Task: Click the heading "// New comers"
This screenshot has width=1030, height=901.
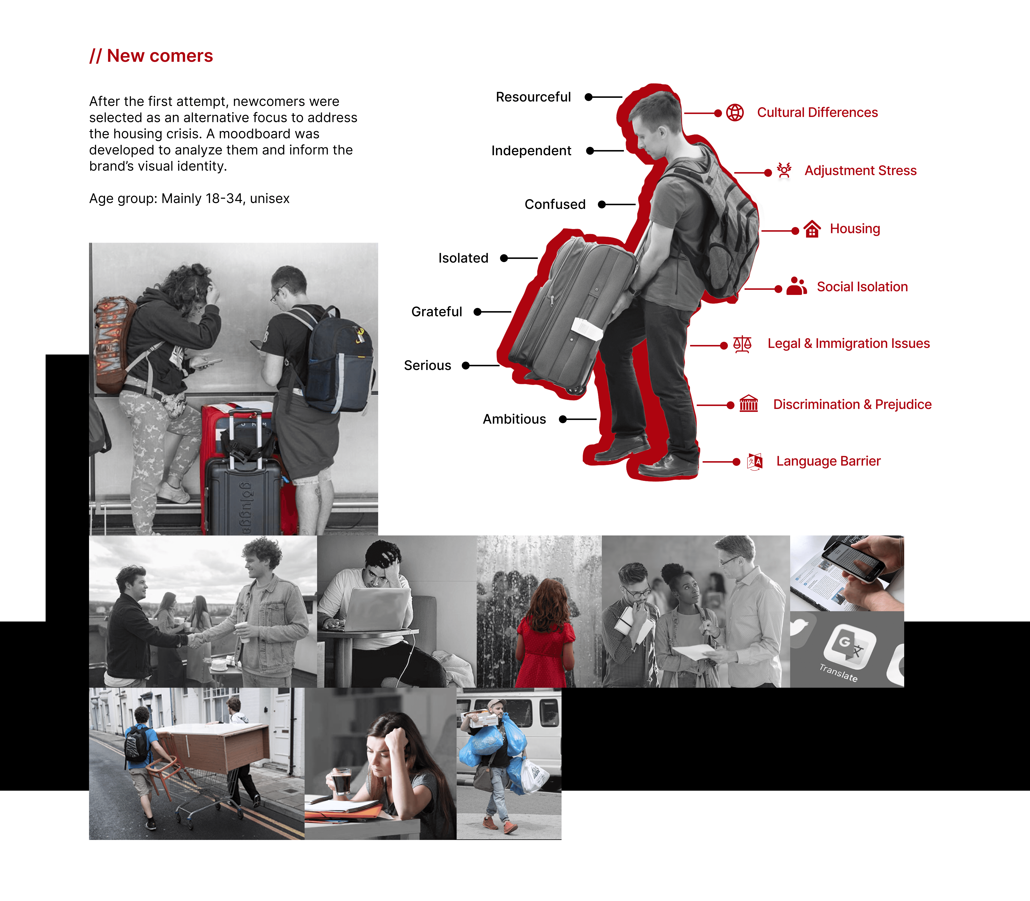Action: point(151,56)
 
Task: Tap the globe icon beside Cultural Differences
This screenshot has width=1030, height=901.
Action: point(735,113)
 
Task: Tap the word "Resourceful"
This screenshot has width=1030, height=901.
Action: point(533,97)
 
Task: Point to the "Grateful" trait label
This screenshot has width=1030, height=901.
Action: point(436,312)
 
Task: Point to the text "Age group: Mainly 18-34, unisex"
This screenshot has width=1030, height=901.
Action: point(189,199)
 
